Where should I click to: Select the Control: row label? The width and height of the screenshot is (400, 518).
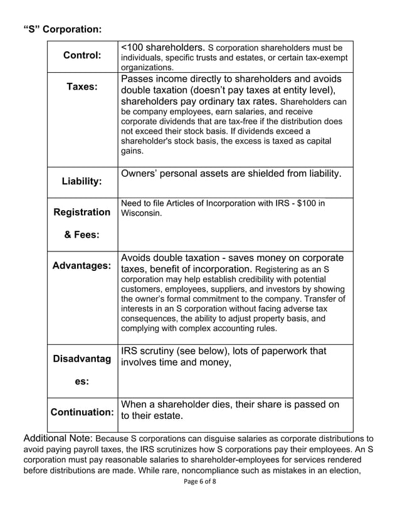point(82,55)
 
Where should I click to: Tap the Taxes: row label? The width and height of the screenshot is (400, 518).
point(82,87)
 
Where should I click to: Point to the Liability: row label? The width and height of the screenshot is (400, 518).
point(82,181)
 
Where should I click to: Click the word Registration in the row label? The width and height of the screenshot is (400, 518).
point(82,213)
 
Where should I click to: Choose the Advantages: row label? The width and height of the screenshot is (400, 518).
point(82,266)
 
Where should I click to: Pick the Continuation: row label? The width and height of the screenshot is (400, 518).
point(82,413)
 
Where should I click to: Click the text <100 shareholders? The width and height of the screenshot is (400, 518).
point(162,47)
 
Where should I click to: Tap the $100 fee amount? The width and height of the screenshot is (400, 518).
point(310,203)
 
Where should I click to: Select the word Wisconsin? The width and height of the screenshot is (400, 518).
point(141,213)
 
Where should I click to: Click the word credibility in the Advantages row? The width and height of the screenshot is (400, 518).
point(239,278)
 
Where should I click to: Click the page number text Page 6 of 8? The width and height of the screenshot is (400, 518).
point(200,481)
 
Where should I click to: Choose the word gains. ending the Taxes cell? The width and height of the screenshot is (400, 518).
point(132,151)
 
